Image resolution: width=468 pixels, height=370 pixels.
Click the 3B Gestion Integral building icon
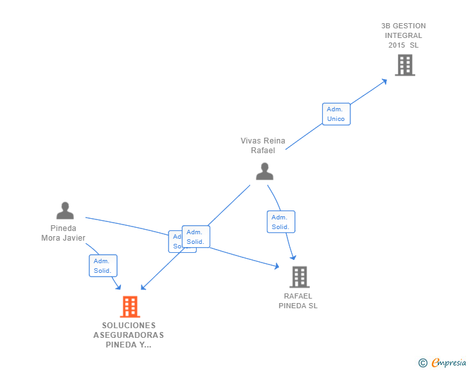(404, 65)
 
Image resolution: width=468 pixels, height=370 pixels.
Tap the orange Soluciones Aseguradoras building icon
(130, 307)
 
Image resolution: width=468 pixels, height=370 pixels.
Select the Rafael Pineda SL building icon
(299, 277)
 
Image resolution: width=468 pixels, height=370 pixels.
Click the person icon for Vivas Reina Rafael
(265, 171)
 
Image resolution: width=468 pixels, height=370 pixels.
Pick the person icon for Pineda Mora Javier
(65, 210)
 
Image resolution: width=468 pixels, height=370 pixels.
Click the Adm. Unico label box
(336, 114)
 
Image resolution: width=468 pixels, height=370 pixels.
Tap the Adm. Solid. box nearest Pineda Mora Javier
(103, 266)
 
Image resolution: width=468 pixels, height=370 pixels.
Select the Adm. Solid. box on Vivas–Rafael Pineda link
(281, 221)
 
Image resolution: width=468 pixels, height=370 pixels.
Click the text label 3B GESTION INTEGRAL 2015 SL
(404, 35)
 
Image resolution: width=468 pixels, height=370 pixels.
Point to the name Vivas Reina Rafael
(263, 145)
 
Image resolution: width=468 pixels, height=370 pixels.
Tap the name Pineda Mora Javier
(63, 233)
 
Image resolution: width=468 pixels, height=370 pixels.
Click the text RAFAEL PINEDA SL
(298, 301)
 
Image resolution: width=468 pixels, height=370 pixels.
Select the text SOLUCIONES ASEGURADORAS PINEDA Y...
(129, 335)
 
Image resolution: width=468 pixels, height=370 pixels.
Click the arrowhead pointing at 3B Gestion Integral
(384, 80)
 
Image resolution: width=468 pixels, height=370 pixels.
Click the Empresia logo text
(449, 363)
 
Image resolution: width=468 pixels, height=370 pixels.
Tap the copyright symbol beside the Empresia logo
(422, 363)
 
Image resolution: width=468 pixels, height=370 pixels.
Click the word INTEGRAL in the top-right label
(404, 35)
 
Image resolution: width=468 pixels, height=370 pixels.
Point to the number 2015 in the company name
(397, 45)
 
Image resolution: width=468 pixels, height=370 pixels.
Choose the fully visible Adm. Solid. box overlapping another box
(195, 237)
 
